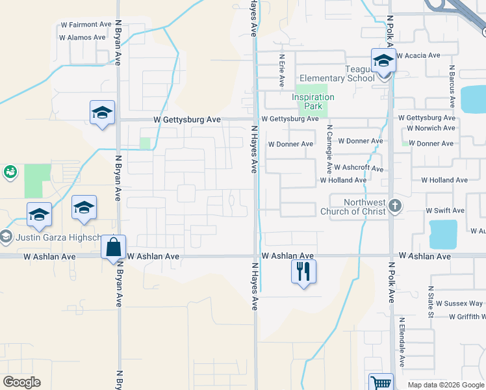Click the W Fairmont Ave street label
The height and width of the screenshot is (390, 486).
click(x=86, y=25)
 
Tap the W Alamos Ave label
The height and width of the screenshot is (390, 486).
click(x=82, y=38)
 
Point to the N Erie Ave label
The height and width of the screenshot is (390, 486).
click(x=282, y=71)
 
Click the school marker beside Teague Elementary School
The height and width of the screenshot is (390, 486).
click(x=383, y=62)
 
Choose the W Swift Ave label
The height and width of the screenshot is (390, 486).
click(x=445, y=211)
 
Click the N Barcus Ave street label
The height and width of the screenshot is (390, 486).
click(x=452, y=85)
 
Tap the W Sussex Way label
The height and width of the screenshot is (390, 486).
click(x=459, y=304)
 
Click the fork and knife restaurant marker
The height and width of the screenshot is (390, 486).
click(x=303, y=271)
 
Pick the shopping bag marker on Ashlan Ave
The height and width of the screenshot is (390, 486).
click(x=114, y=248)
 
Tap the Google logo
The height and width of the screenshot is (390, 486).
click(x=21, y=382)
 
